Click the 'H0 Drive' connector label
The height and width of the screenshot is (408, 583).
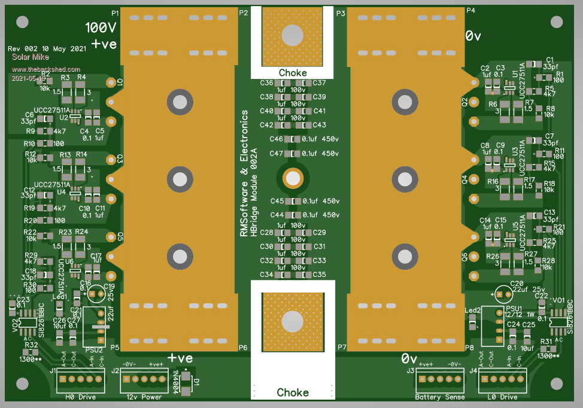80,397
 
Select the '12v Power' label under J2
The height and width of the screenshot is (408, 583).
144,397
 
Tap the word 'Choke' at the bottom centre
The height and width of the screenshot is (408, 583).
293,392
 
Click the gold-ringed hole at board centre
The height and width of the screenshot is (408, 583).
293,178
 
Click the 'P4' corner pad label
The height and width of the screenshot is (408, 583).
470,11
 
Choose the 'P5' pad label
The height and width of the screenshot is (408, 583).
115,348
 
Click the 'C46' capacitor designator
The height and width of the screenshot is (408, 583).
276,139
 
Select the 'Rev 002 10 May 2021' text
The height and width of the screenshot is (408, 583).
45,48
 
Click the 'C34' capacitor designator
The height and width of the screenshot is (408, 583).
266,275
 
